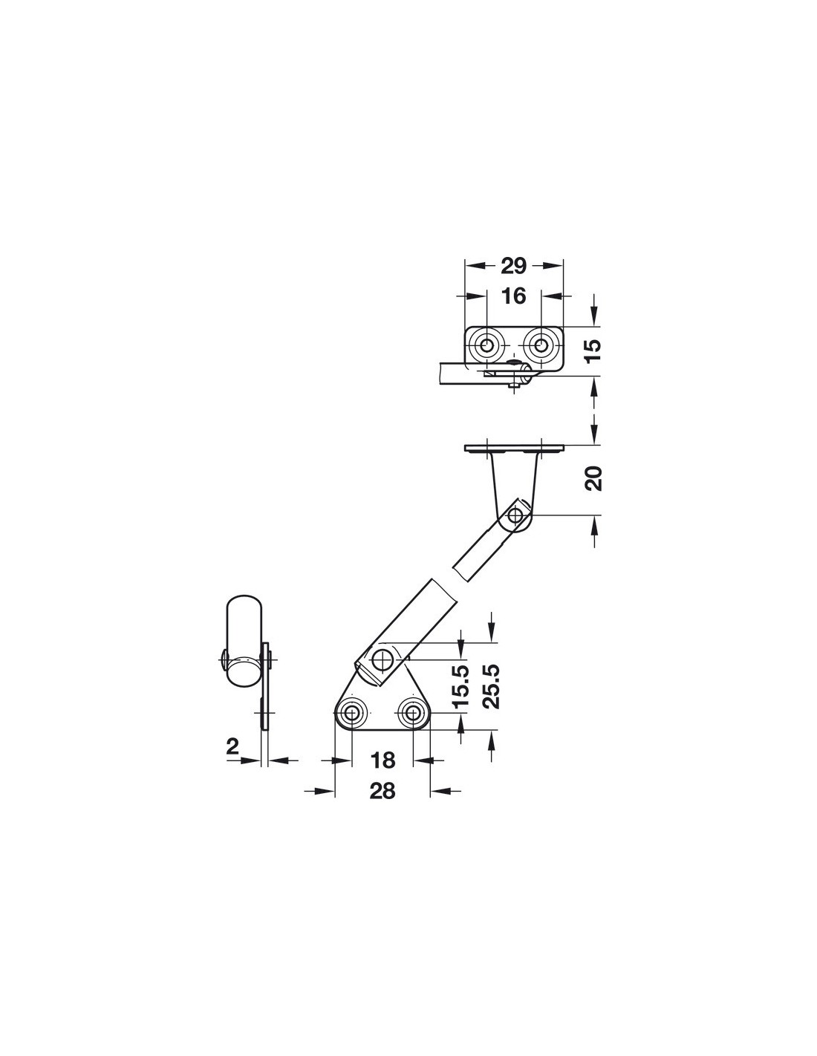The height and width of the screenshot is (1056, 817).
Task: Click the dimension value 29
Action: (513, 265)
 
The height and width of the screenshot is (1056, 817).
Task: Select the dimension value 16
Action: (513, 296)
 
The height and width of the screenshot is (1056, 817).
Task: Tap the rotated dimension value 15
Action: (593, 350)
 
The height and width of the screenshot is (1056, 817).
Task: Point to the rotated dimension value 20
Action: (593, 478)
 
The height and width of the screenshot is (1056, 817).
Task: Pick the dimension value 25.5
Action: (492, 686)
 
